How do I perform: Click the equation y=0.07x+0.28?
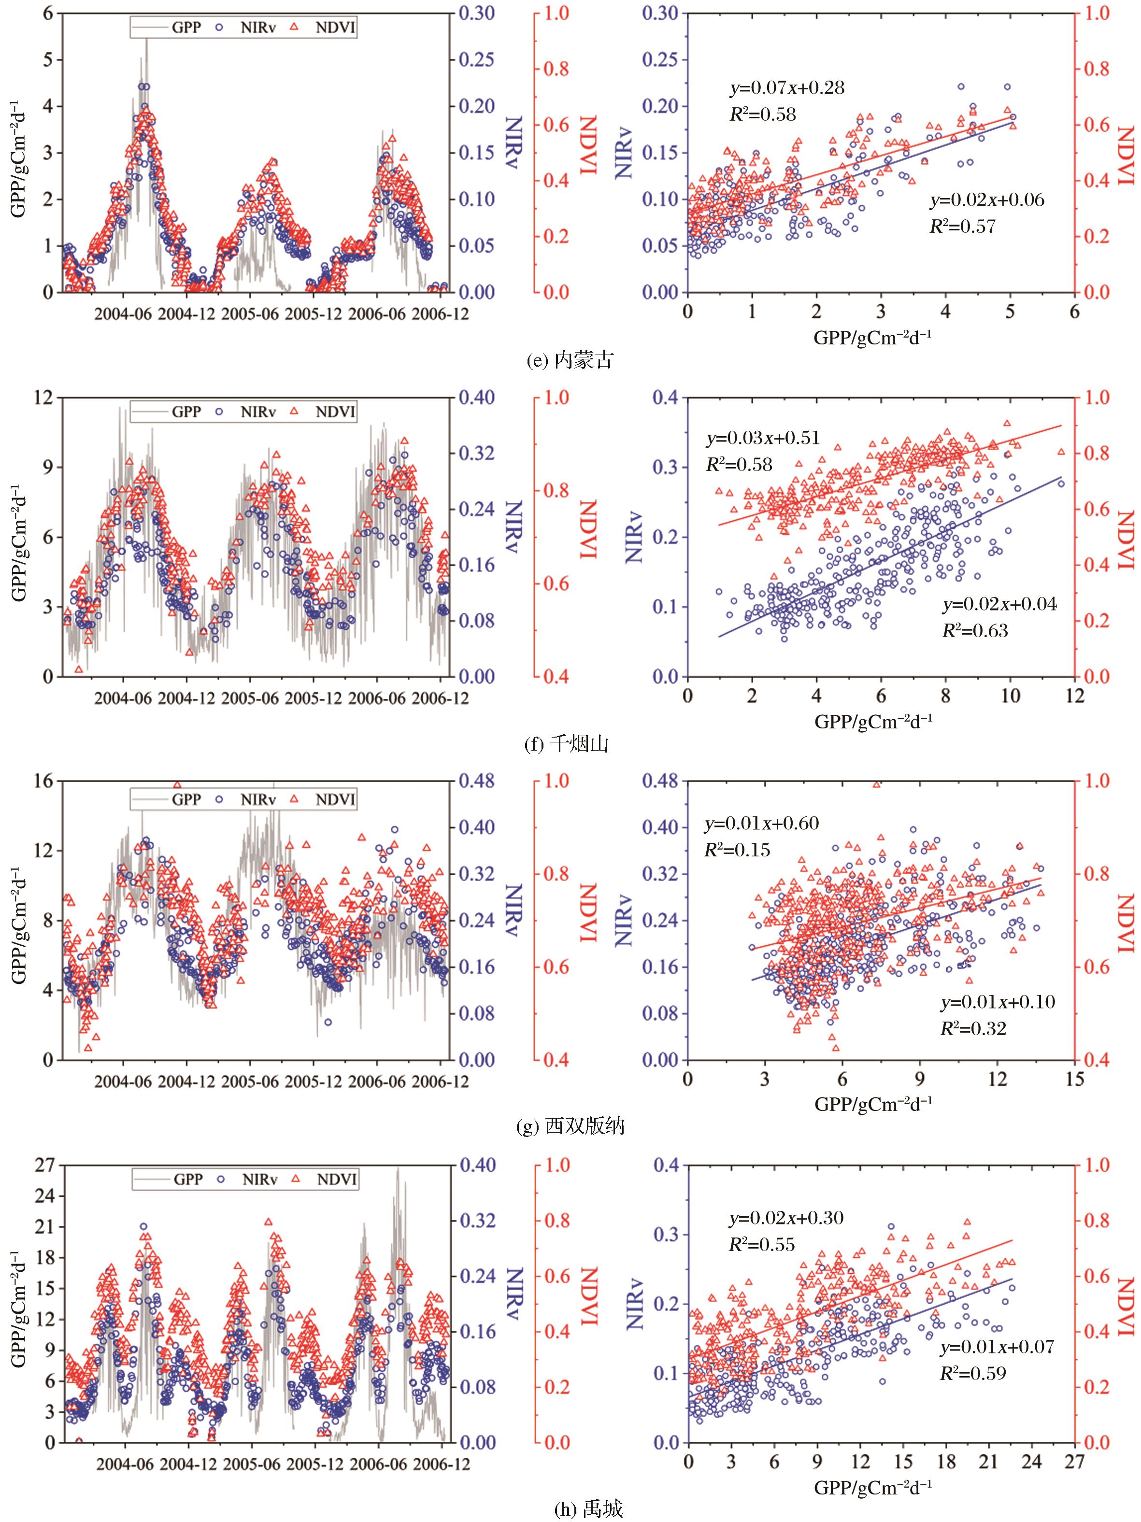point(786,88)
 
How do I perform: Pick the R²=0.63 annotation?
point(974,630)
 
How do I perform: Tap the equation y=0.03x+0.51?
point(762,438)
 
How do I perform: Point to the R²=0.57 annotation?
point(962,227)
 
